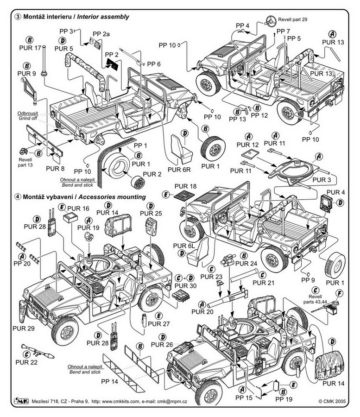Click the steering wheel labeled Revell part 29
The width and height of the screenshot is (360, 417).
pos(271,21)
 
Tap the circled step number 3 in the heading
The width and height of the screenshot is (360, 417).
pos(18,17)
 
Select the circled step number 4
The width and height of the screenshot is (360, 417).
pos(18,197)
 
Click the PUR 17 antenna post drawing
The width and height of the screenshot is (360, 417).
pos(44,61)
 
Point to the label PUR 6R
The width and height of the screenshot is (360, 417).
pos(179,170)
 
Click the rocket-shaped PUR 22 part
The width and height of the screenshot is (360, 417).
pos(38,351)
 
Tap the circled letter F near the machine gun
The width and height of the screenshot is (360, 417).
pos(339,294)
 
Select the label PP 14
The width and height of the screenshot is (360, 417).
pos(109,382)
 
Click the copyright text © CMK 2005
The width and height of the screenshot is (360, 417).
pos(332,401)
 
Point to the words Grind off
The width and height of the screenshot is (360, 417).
pos(28,118)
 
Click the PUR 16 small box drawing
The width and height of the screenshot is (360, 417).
pos(70,218)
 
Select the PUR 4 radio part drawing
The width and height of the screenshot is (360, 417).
pos(326,203)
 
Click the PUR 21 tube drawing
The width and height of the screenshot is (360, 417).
pos(244,276)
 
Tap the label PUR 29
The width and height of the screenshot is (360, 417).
pos(23,329)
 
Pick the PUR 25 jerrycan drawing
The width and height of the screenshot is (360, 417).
pos(151,226)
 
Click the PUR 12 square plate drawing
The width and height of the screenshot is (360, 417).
pos(250,153)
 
